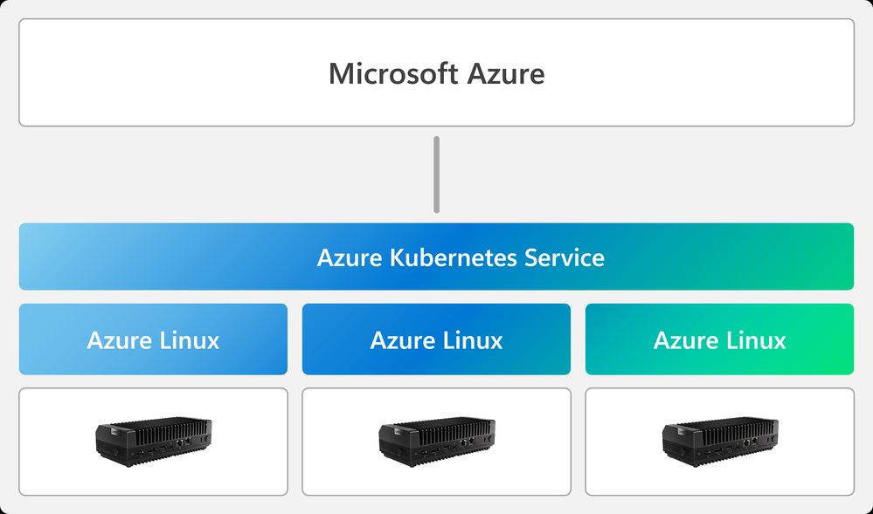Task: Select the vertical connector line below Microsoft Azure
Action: click(x=436, y=175)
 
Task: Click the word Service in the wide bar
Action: click(x=565, y=257)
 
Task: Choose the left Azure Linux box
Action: click(x=153, y=339)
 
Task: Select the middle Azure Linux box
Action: click(x=436, y=339)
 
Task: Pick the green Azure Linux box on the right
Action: click(x=719, y=339)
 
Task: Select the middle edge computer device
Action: click(x=436, y=442)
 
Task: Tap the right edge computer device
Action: click(x=719, y=442)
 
